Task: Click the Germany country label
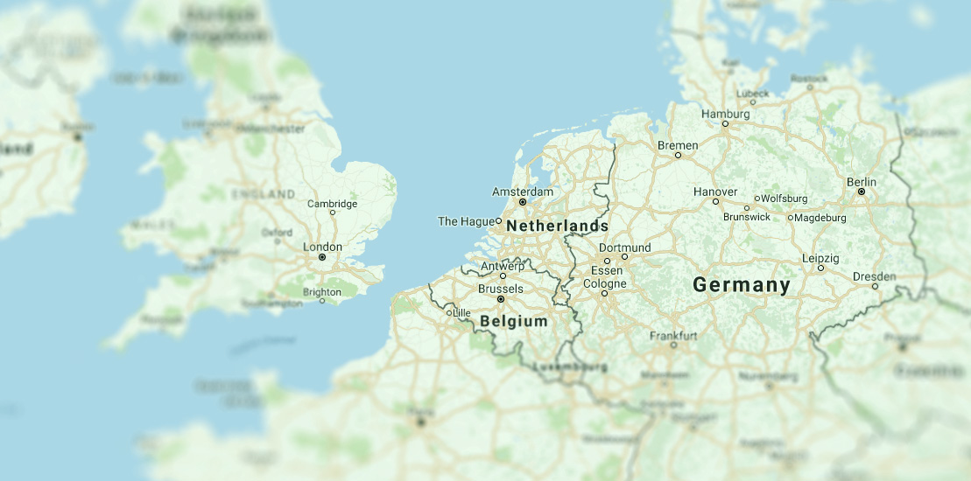742,285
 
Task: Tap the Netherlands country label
557,227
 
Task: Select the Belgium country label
514,322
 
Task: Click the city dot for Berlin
862,192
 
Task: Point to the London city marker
322,257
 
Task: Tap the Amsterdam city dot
523,202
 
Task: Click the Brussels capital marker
501,299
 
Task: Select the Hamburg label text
726,115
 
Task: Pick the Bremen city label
678,145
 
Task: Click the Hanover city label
715,192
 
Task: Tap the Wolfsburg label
785,199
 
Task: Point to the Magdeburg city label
821,218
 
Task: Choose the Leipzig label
820,259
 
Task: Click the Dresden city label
874,276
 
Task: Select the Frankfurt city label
673,336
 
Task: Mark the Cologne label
605,284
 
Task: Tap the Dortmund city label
625,247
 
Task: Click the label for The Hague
466,221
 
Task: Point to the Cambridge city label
332,204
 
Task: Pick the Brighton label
321,292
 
